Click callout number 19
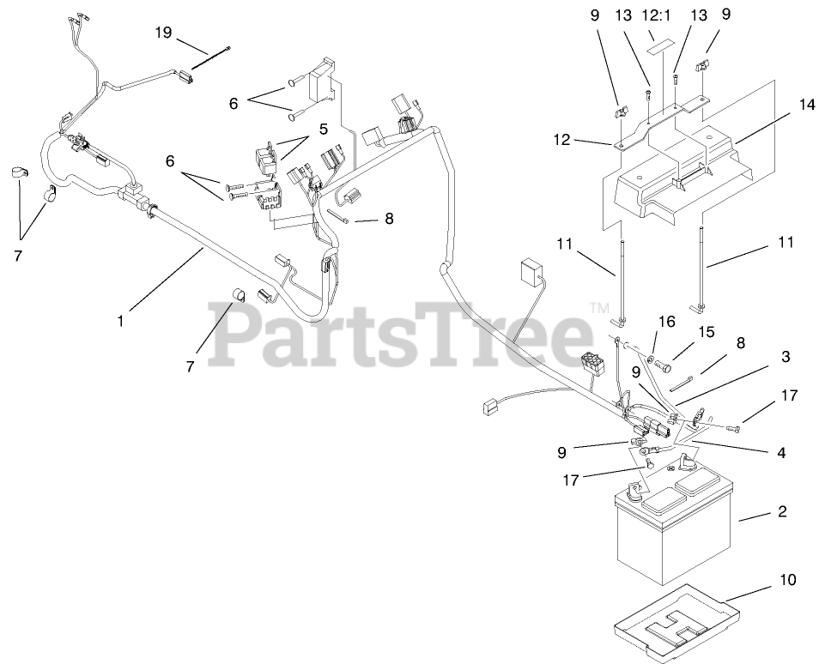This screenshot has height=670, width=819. pos(163,33)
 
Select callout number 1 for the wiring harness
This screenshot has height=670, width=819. pos(121,322)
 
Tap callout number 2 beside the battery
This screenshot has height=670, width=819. pos(781,512)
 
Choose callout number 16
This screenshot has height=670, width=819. pos(666,322)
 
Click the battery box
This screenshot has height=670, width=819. pos(672,532)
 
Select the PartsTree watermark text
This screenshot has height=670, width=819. pos(403,335)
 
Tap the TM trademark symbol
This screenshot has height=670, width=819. pos(598,305)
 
